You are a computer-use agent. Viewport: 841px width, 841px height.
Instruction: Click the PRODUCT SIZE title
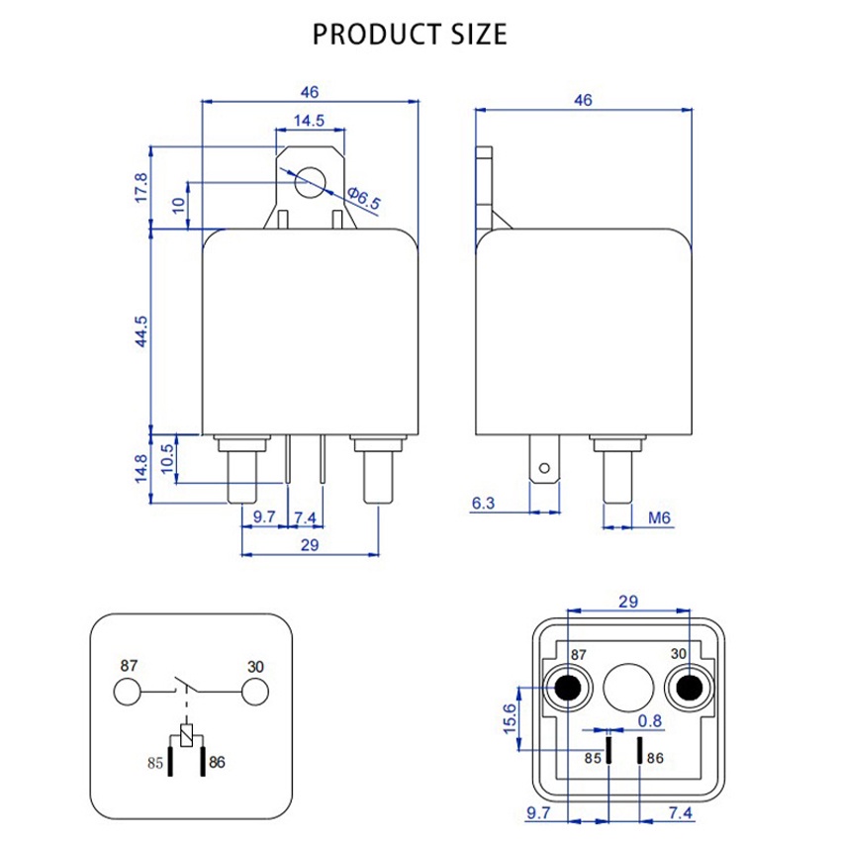point(410,35)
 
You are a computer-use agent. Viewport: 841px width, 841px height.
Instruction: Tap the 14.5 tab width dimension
point(309,120)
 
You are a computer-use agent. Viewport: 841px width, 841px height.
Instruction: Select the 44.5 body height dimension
point(140,331)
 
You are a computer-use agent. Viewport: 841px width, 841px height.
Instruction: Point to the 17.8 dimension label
point(140,188)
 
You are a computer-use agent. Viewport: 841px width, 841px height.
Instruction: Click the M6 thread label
point(659,517)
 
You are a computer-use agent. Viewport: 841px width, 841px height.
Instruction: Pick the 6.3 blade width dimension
point(483,503)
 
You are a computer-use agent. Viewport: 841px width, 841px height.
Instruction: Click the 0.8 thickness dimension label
point(649,721)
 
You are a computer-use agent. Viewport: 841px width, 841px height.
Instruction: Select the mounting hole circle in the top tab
point(311,182)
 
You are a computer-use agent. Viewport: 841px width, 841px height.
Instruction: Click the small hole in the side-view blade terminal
point(544,468)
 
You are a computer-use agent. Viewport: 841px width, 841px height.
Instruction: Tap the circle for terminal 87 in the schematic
point(127,692)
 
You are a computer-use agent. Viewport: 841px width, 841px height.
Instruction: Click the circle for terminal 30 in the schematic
point(254,692)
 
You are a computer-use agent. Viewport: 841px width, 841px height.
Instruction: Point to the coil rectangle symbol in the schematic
point(186,735)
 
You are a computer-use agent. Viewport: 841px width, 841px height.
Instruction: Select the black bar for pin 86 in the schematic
point(203,760)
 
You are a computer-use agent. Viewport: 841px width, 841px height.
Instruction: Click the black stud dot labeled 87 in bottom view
point(568,688)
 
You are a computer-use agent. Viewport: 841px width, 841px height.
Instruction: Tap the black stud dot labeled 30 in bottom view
point(690,688)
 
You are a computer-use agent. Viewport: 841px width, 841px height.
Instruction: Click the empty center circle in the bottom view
point(628,688)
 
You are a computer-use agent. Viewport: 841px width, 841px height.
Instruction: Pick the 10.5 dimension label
point(167,458)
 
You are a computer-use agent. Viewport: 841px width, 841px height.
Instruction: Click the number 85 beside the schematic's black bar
point(155,763)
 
